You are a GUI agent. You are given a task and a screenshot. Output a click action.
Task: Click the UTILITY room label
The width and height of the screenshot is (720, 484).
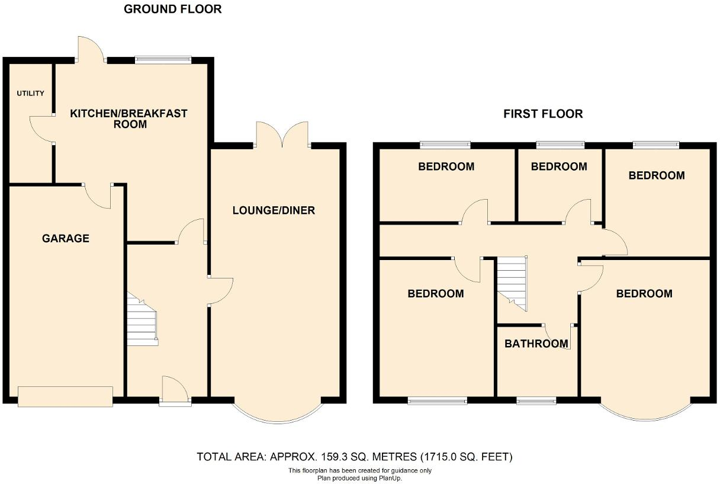(x=30, y=94)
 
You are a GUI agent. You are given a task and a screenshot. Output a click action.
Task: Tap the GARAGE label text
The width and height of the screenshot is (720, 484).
(x=66, y=239)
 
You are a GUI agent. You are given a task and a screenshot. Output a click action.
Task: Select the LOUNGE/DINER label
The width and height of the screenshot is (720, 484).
(x=274, y=210)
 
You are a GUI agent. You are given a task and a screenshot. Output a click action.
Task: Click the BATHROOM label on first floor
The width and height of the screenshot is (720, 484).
(x=536, y=344)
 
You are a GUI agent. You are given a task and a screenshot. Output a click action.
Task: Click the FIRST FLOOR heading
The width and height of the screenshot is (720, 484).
(x=543, y=114)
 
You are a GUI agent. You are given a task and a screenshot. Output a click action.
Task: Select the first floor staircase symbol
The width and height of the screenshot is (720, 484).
(x=512, y=282)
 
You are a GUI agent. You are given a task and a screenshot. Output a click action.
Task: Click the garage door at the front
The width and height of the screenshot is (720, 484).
(x=65, y=396)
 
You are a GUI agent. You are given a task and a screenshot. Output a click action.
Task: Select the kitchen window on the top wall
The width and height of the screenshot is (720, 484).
(x=163, y=59)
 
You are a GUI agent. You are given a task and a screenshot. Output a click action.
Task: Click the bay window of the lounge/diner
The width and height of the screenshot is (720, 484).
(x=277, y=415)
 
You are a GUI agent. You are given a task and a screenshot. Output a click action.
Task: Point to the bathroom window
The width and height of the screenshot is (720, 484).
(x=536, y=401)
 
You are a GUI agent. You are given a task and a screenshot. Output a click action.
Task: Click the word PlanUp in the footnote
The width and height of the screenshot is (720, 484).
(x=387, y=477)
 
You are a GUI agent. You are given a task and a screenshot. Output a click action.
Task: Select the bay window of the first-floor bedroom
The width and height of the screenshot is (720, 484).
(x=645, y=414)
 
